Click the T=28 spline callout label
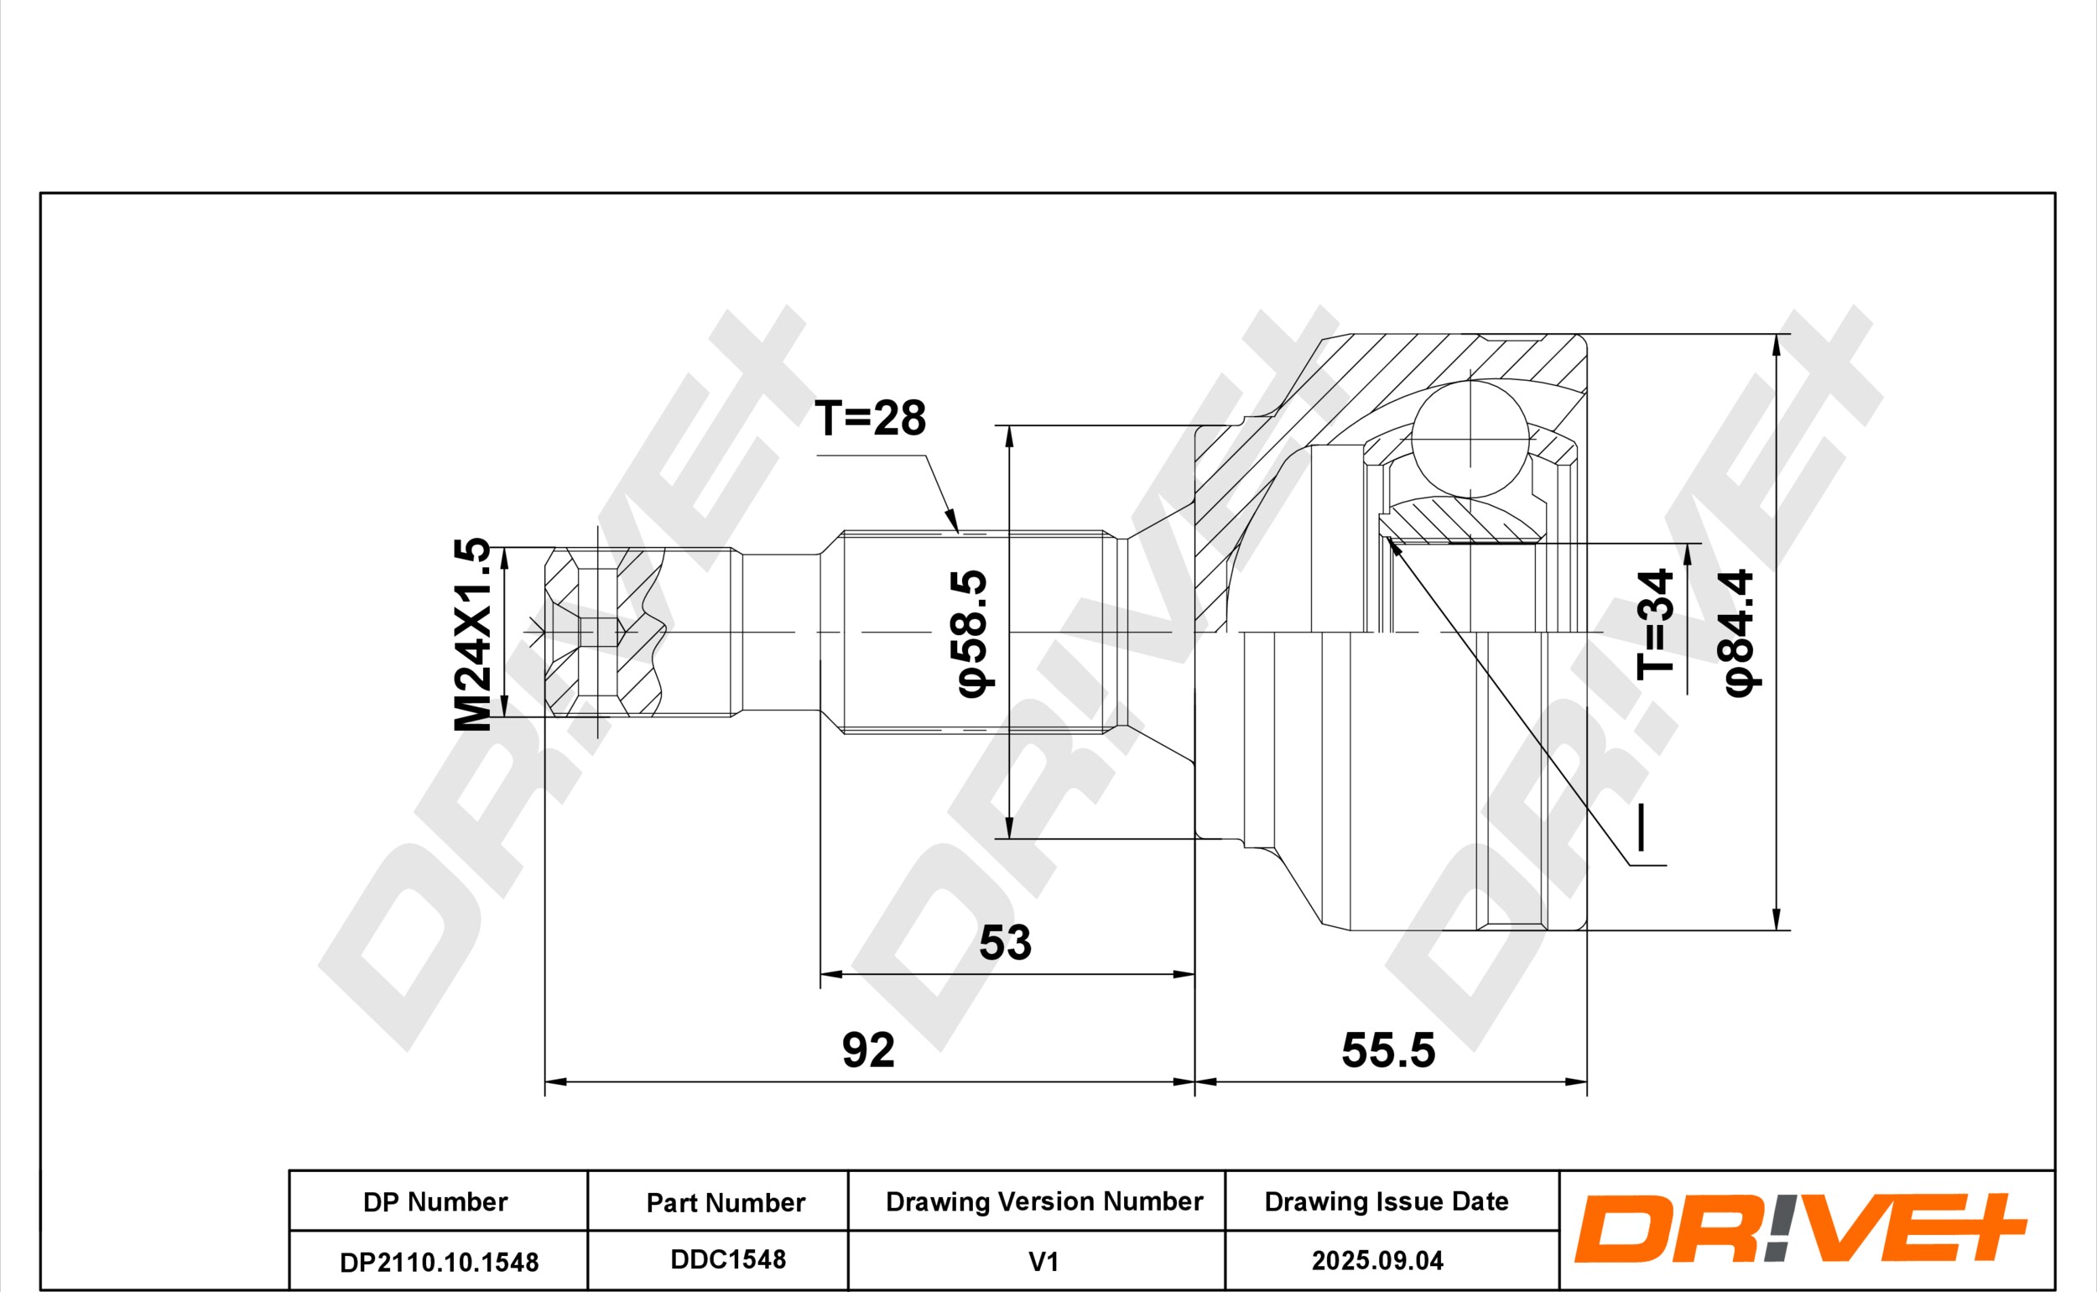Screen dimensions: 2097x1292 coord(871,418)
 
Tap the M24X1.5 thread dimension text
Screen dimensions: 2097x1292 coord(472,634)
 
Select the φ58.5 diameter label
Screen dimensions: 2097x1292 coord(972,633)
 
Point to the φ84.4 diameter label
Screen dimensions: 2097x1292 coord(1738,633)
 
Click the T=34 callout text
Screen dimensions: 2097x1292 coord(1655,624)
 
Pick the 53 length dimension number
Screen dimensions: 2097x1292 coord(1006,942)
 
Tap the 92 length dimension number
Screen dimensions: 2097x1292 coord(869,1050)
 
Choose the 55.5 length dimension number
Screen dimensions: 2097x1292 coord(1388,1050)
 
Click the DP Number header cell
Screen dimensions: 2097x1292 coord(435,1201)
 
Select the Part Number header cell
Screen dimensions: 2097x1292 coord(726,1202)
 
